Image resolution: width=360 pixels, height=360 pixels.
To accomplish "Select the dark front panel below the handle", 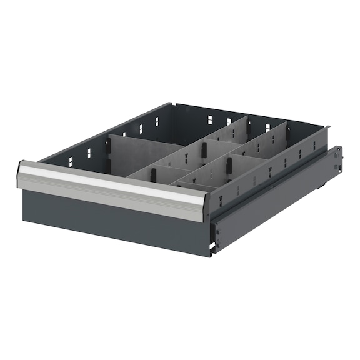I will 112,219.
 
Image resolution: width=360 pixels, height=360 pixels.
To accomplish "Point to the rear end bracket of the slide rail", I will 338,161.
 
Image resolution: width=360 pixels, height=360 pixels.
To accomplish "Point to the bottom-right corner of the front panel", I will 210,249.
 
